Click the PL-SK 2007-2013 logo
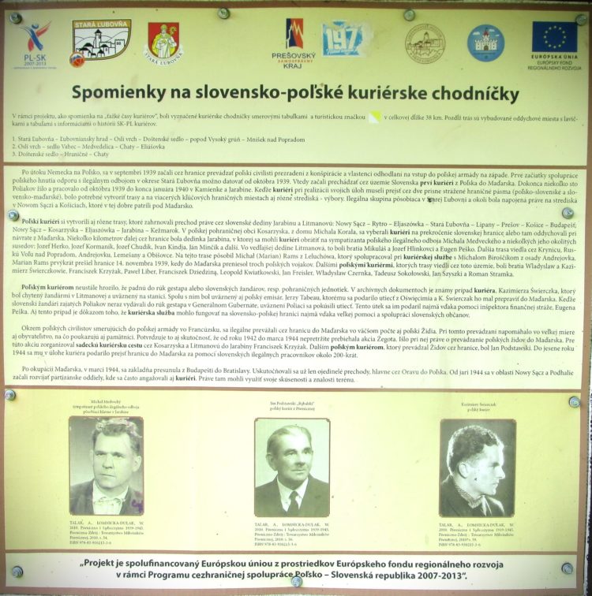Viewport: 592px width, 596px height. pos(35,43)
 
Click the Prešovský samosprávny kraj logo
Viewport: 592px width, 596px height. pos(294,43)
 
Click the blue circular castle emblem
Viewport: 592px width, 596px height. pos(484,43)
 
